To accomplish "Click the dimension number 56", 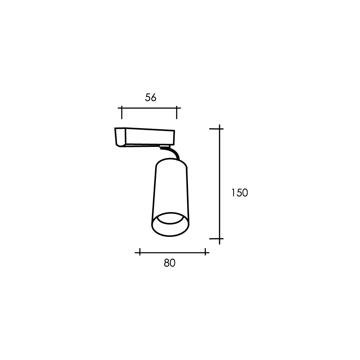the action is pos(150,98).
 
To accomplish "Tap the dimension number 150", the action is pos(239,193).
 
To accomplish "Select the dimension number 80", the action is pos(170,263).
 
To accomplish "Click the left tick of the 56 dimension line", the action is pos(122,112).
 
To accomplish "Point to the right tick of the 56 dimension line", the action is pos(176,112).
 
